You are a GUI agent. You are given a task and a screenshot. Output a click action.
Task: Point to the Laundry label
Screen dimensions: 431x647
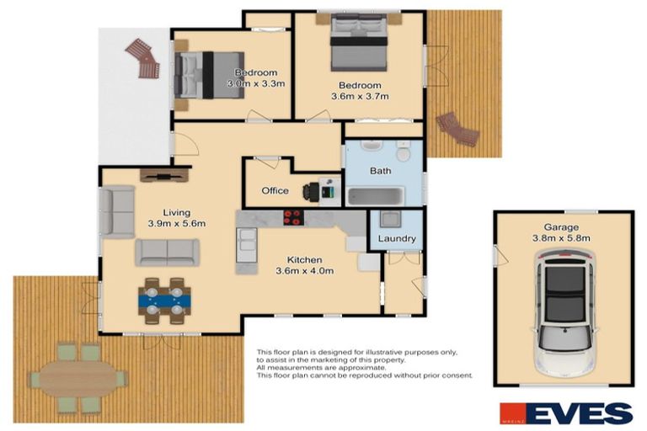(396, 239)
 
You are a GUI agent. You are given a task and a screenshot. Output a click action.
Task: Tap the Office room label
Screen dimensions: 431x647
(275, 191)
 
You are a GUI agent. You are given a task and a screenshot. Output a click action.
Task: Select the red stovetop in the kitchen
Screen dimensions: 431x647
(292, 217)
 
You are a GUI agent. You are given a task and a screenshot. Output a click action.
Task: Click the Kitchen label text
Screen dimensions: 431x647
(304, 259)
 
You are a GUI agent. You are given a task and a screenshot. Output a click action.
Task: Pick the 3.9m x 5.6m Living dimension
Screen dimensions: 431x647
(177, 224)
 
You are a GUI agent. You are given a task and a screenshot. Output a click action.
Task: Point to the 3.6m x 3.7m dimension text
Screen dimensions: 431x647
(361, 97)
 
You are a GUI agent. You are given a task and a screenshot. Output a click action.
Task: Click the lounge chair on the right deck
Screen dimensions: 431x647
(459, 129)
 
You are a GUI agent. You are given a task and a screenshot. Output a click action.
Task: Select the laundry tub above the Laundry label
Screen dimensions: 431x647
(390, 221)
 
